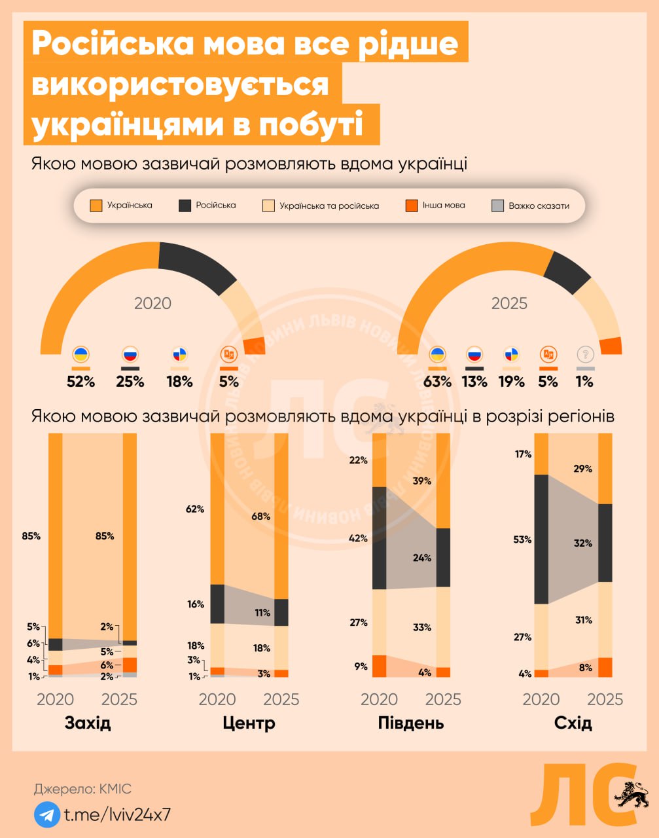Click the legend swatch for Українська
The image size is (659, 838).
[x=96, y=206]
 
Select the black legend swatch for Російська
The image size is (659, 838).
[x=185, y=206]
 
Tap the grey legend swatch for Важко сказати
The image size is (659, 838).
[x=497, y=206]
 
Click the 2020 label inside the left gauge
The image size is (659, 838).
[x=152, y=303]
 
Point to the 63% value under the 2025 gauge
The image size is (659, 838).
[x=437, y=382]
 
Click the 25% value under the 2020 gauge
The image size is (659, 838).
[x=130, y=382]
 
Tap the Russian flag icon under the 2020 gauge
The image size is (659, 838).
[x=130, y=355]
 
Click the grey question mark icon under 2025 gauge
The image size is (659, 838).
[x=585, y=355]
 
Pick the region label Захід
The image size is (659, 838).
[x=88, y=723]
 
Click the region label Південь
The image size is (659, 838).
[x=411, y=723]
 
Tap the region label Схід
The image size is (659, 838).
[x=573, y=723]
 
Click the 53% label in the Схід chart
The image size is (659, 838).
[x=522, y=539]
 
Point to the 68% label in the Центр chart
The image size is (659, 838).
[x=260, y=516]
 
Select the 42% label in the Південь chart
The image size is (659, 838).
[x=359, y=538]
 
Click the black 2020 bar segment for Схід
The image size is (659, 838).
[x=541, y=539]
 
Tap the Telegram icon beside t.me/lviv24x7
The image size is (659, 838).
[x=46, y=814]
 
